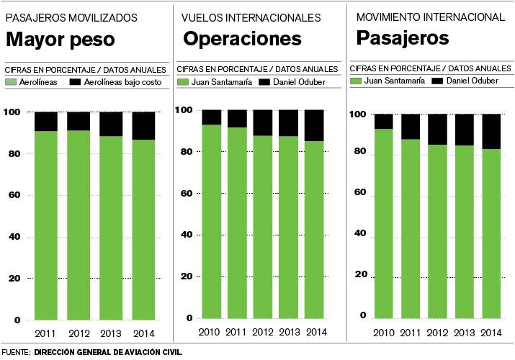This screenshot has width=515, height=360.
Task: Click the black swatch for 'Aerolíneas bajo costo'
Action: tap(75, 83)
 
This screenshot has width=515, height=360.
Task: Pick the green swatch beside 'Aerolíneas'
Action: tap(10, 83)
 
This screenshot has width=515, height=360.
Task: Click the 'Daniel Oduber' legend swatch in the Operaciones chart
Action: tap(264, 82)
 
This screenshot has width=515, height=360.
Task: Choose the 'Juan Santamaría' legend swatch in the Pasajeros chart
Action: tap(354, 80)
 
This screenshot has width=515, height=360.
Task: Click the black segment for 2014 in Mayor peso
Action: tap(144, 125)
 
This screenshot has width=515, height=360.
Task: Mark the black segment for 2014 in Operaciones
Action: tap(314, 125)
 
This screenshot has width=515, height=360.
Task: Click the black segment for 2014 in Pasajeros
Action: tap(491, 131)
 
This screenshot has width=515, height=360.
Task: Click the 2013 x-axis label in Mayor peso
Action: tap(111, 333)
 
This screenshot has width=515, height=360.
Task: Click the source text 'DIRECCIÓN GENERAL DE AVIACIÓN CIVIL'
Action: tap(107, 353)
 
